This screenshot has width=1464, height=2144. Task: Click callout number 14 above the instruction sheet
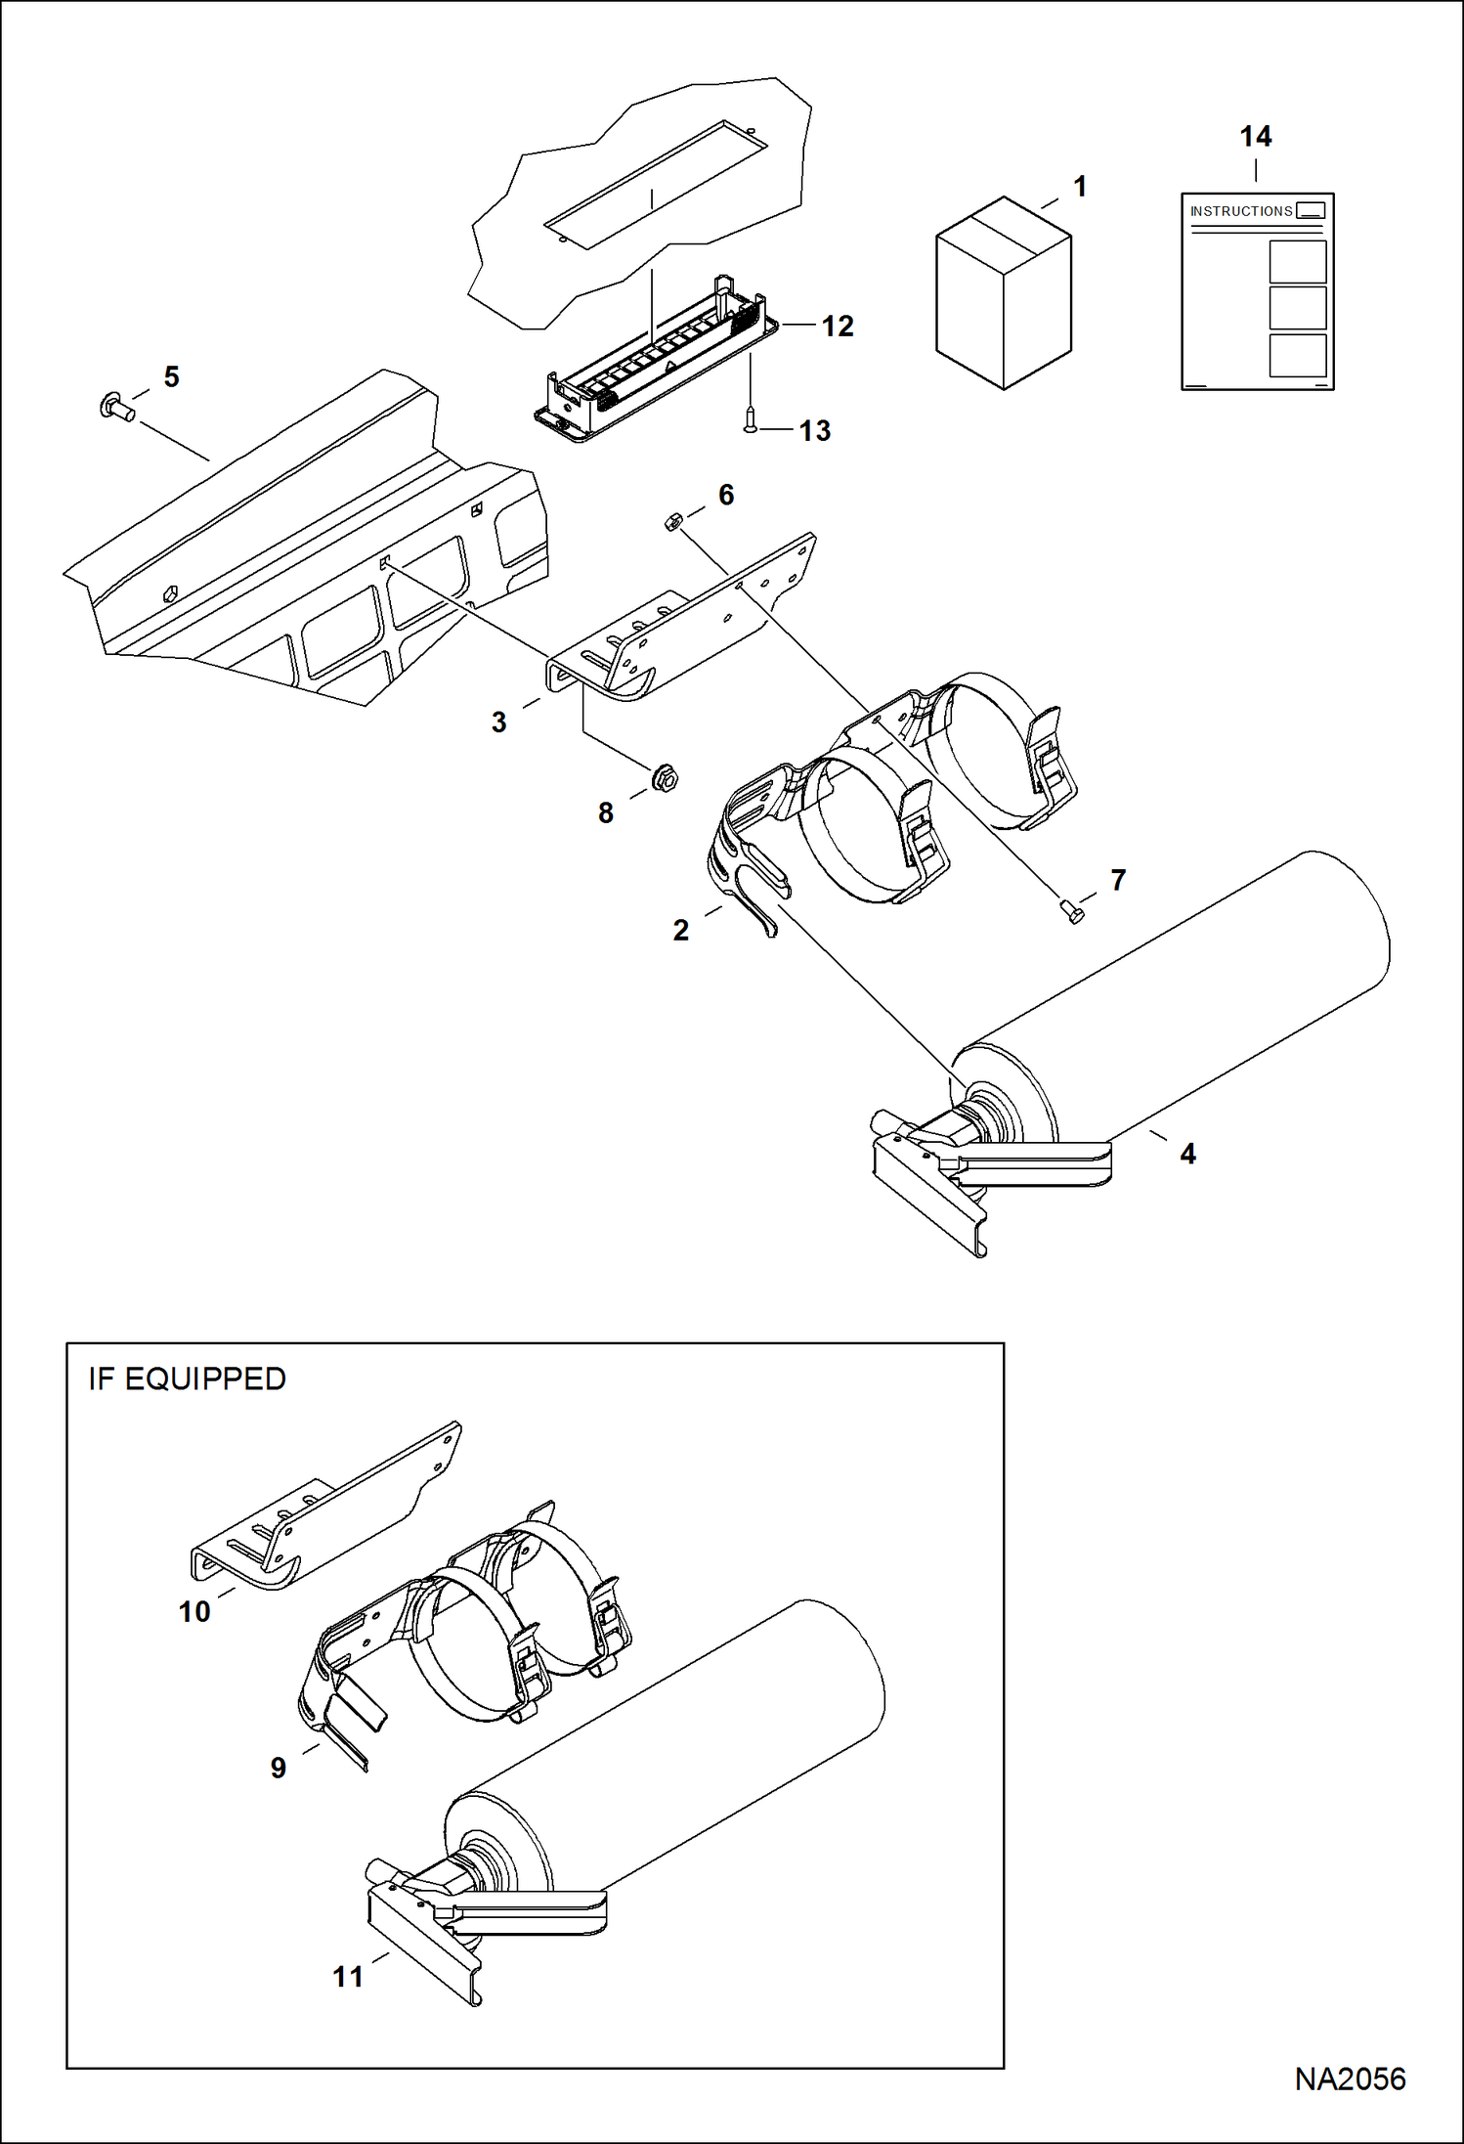coord(1256,137)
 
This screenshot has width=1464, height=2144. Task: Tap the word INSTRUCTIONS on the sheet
coord(1240,211)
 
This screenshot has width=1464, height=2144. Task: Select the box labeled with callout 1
coord(1004,293)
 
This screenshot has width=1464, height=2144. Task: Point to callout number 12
coord(838,326)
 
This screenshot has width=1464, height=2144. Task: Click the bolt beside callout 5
coord(116,405)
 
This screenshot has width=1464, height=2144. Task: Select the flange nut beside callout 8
coord(666,779)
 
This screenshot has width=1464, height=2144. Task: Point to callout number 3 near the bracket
coord(498,722)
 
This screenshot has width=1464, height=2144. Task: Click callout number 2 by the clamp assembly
coord(681,930)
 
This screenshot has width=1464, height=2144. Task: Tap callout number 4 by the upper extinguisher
coord(1187,1154)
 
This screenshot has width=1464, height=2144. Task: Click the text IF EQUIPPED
coord(187,1378)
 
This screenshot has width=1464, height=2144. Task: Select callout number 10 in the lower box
coord(194,1611)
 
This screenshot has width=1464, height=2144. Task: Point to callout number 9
coord(279,1768)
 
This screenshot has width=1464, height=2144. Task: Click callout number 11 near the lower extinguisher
coord(348,1977)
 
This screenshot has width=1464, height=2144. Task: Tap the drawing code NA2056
coord(1350,2078)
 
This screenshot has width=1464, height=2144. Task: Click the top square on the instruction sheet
coord(1297,262)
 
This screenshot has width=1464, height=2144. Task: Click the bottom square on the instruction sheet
coord(1297,355)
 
